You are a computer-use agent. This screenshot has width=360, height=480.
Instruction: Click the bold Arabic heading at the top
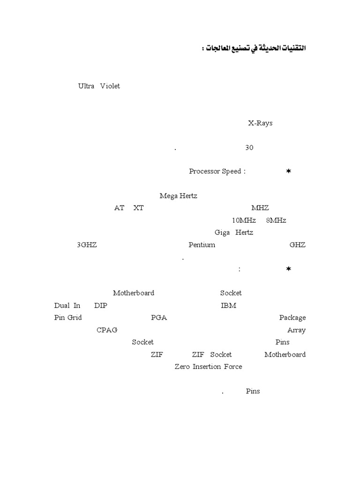(x=254, y=48)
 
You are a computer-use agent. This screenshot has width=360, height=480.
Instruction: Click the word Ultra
(x=86, y=86)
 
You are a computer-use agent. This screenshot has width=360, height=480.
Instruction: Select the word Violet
(x=110, y=86)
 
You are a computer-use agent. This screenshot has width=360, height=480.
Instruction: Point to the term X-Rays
(x=260, y=123)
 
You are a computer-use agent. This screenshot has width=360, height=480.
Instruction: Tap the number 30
(x=249, y=148)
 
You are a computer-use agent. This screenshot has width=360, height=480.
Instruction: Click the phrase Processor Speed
(x=215, y=171)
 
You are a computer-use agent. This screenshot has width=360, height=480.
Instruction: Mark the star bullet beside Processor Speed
(x=288, y=171)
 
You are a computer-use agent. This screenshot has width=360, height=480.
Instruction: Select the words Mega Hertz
(x=179, y=196)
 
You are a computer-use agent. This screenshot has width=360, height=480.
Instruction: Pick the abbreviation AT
(x=119, y=208)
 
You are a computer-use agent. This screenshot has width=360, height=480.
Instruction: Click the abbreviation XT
(x=138, y=208)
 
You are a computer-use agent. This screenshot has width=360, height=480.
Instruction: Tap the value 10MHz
(x=244, y=220)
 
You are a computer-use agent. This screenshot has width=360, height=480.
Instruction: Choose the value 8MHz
(x=276, y=220)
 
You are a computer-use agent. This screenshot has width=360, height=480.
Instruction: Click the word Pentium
(x=202, y=245)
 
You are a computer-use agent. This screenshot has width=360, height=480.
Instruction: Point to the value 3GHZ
(x=87, y=245)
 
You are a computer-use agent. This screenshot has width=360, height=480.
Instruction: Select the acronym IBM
(x=228, y=306)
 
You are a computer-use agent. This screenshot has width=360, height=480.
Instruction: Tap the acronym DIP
(x=101, y=306)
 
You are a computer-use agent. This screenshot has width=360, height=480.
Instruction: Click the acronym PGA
(x=159, y=318)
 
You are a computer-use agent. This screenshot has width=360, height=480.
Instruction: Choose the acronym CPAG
(x=107, y=330)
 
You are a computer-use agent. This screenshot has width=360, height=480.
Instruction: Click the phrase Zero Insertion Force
(x=209, y=367)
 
